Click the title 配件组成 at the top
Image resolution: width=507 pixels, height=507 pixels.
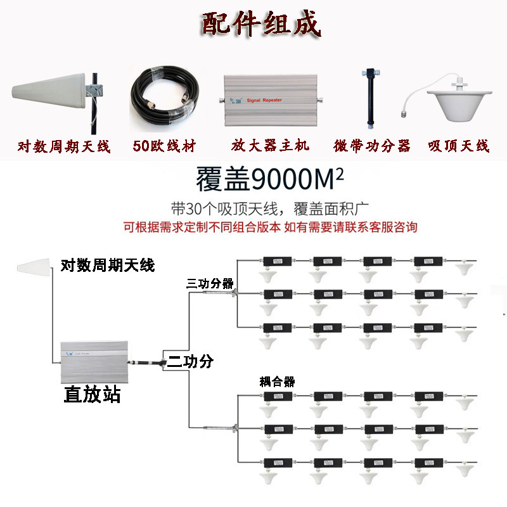pyautogui.click(x=261, y=24)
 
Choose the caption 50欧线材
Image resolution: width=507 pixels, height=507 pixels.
pyautogui.click(x=164, y=146)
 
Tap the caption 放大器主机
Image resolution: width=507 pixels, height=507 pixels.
pyautogui.click(x=270, y=146)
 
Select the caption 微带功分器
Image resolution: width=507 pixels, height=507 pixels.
pyautogui.click(x=372, y=146)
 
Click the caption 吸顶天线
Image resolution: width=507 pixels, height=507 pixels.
pyautogui.click(x=459, y=146)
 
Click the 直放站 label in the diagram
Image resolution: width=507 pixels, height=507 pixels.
pyautogui.click(x=93, y=395)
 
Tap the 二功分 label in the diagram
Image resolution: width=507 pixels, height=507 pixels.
pyautogui.click(x=190, y=363)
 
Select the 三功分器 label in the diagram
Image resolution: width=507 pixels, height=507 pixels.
pyautogui.click(x=210, y=283)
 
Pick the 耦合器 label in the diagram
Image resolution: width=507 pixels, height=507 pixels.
pyautogui.click(x=278, y=382)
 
